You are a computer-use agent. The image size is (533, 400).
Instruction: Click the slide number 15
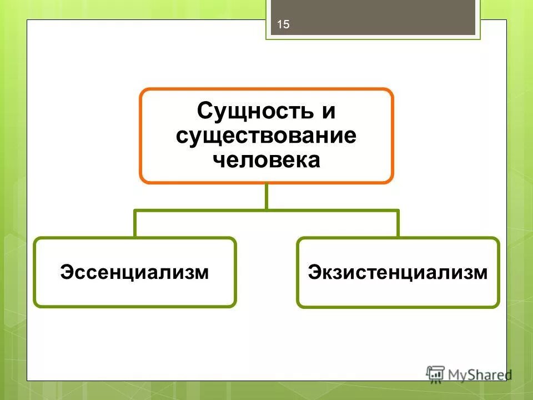click(283, 24)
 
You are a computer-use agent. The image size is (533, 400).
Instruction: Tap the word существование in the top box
click(266, 136)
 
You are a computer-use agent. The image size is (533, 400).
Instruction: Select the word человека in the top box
click(266, 160)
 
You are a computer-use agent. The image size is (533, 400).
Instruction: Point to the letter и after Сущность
click(328, 111)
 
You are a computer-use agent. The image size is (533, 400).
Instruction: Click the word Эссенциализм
click(135, 272)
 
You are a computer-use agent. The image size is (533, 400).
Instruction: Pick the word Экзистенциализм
click(398, 272)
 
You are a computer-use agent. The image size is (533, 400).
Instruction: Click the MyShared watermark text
click(480, 374)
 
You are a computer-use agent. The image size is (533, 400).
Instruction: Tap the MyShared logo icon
click(436, 373)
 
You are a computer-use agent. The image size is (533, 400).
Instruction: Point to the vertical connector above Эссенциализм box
click(135, 224)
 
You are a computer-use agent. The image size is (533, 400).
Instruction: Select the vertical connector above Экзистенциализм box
click(398, 224)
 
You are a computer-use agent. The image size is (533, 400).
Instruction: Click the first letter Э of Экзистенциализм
click(314, 272)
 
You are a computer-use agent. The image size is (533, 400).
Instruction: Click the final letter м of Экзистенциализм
click(481, 272)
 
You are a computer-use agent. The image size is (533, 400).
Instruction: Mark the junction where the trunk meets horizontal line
click(266, 211)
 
